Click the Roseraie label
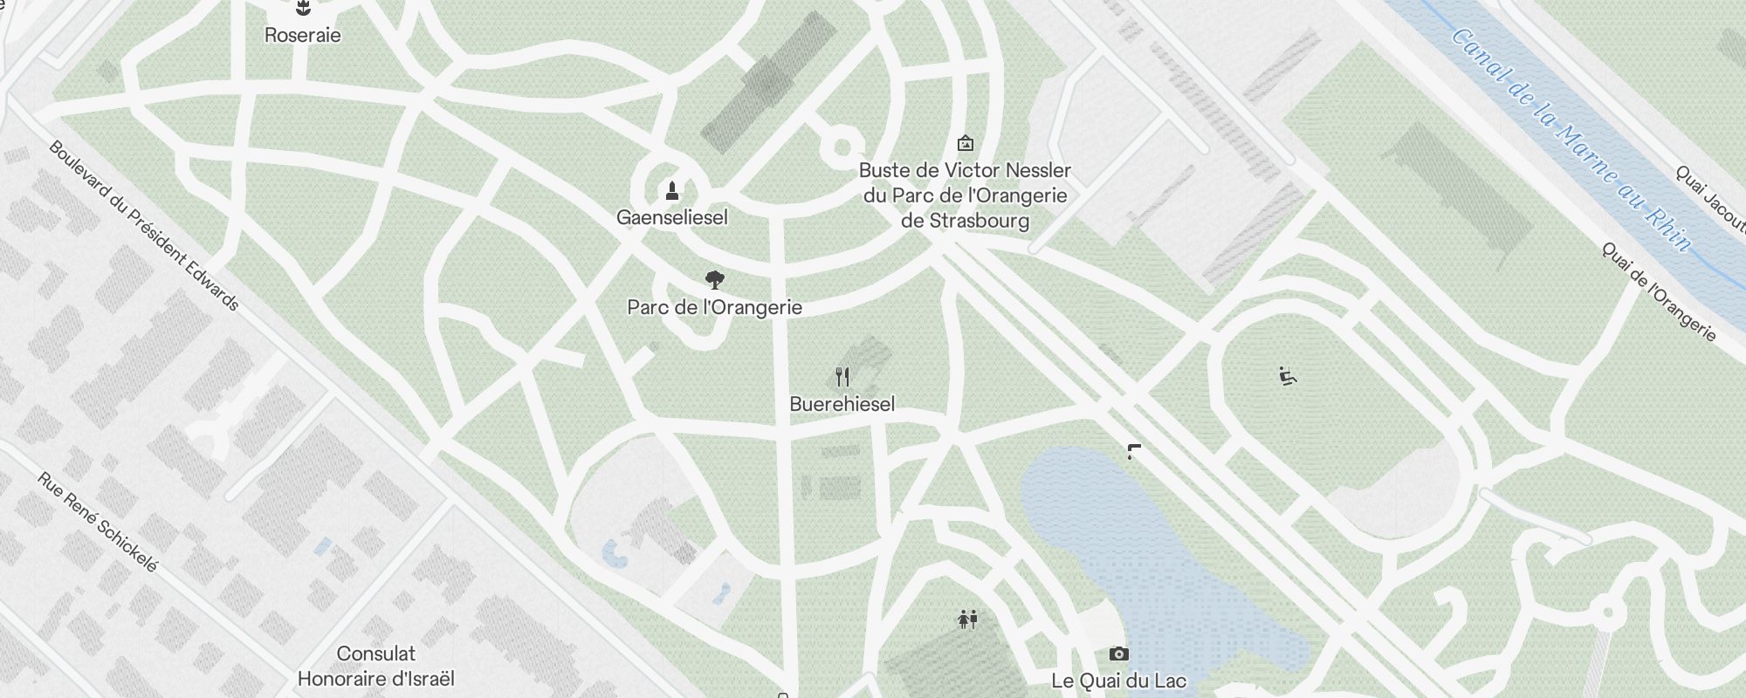[302, 36]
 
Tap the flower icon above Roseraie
[303, 10]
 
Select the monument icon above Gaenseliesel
[671, 190]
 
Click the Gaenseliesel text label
[671, 217]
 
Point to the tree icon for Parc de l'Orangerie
[714, 280]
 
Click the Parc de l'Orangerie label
[714, 307]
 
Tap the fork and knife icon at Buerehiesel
[842, 377]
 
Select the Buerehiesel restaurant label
[842, 404]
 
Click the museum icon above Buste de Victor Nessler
[965, 143]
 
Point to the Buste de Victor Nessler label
[965, 195]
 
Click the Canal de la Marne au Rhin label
[1571, 140]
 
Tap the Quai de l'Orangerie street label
[1659, 291]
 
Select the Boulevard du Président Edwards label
[144, 225]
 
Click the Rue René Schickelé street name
[98, 523]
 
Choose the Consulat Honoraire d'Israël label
[376, 666]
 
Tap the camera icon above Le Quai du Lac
[1118, 654]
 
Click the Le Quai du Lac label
[1118, 681]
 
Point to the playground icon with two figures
[967, 619]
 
